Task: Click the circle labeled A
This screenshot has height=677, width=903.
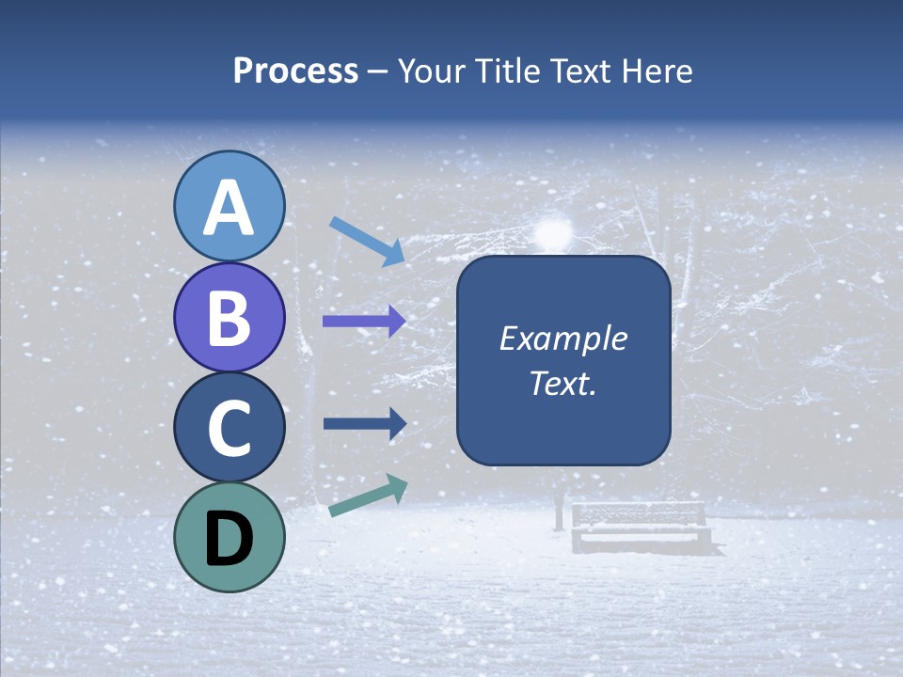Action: [x=229, y=206]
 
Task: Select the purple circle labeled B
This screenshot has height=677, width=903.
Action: [x=229, y=317]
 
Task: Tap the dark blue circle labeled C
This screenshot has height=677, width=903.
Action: [x=229, y=428]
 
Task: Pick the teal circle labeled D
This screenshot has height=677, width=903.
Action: [x=229, y=538]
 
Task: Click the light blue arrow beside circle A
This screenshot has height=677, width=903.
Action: [x=367, y=241]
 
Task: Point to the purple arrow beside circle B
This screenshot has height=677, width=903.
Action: [x=364, y=322]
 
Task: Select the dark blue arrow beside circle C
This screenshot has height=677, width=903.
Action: [x=364, y=424]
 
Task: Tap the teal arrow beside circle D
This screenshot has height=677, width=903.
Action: [x=368, y=496]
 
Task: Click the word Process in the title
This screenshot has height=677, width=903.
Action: [x=295, y=71]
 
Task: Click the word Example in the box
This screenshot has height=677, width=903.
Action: [x=562, y=338]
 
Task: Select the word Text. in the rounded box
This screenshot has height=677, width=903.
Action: [x=562, y=383]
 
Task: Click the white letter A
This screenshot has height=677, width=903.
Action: [x=229, y=208]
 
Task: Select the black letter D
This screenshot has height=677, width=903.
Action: [x=229, y=539]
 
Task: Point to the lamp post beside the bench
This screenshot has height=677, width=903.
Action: [x=559, y=508]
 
